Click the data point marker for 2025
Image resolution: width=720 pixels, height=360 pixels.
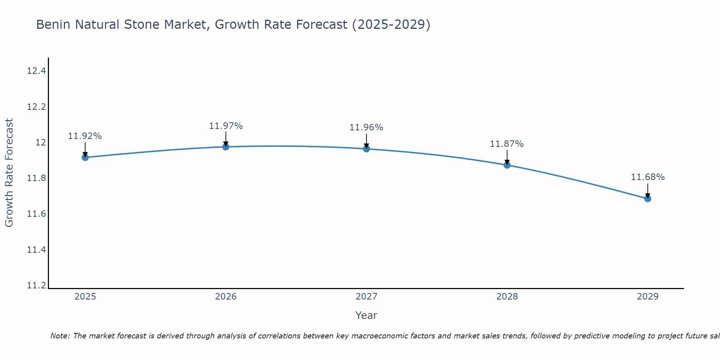point(85,157)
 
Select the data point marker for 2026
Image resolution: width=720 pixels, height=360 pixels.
point(226,147)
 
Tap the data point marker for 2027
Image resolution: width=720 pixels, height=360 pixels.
point(366,149)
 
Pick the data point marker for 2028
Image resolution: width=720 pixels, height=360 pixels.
point(507,165)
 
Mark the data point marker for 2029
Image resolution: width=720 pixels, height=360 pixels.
point(648,198)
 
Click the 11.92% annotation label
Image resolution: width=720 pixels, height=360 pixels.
point(85,136)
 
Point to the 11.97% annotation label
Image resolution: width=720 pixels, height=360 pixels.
point(226,126)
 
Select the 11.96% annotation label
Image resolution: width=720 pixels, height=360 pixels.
point(366,127)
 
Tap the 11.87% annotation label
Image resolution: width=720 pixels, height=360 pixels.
point(507,144)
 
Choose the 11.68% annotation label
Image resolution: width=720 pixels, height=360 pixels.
point(648,177)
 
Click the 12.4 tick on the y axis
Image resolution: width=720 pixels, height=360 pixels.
point(37,71)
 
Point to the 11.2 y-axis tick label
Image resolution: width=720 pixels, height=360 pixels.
point(37,285)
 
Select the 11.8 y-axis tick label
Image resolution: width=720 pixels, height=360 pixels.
point(37,178)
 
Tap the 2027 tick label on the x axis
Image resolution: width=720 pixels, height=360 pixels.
point(366,297)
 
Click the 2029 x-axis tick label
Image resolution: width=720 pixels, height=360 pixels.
point(648,297)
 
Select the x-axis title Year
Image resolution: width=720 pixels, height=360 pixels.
point(366,315)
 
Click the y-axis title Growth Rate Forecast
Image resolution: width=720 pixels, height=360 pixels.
point(9,173)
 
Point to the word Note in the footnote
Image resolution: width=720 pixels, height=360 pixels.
point(60,336)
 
